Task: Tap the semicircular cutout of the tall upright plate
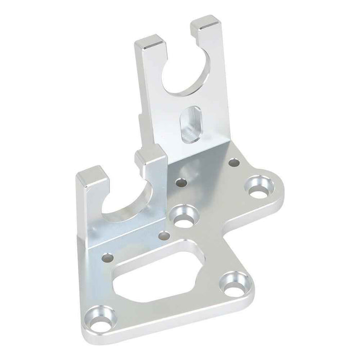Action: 187,74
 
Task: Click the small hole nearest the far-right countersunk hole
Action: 235,163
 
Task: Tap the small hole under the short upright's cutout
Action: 108,255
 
